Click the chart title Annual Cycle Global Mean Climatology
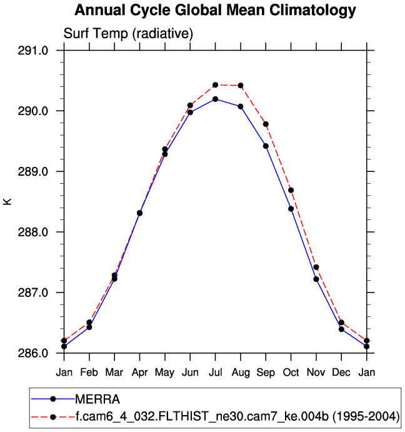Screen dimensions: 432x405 point(215,11)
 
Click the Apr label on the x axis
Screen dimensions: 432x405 point(139,373)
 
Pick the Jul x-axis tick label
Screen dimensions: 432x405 point(215,373)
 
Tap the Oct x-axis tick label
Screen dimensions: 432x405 point(291,373)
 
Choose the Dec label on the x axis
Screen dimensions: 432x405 point(341,373)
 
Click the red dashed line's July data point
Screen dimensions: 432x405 point(215,84)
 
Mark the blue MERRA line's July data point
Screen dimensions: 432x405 point(215,99)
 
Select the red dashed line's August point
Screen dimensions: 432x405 point(241,85)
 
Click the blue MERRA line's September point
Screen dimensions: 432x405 point(266,146)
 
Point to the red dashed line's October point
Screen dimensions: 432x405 point(291,190)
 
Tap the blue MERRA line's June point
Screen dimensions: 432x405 point(190,112)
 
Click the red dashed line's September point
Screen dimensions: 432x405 point(266,124)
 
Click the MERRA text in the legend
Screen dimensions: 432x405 point(97,399)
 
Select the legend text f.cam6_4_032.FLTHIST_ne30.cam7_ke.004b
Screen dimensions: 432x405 point(206,416)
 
